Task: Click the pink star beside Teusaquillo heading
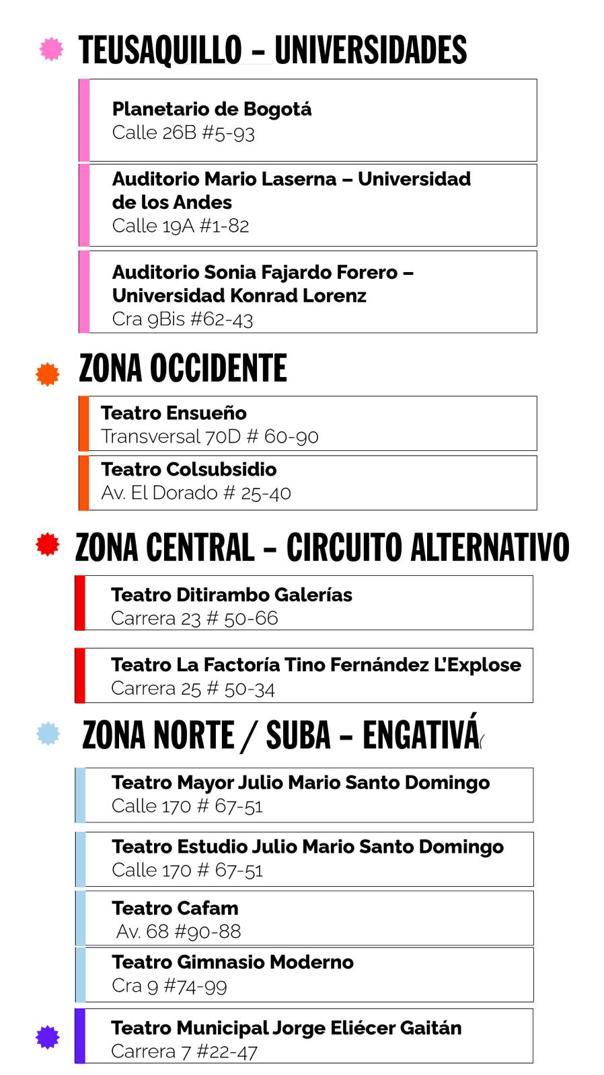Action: point(51,49)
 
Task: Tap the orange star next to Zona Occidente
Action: point(48,374)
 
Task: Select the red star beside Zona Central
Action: point(48,544)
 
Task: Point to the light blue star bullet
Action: point(48,734)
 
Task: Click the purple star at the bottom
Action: point(48,1037)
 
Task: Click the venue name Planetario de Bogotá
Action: point(211,109)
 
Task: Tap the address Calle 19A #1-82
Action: point(180,226)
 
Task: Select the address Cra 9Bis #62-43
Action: point(182,319)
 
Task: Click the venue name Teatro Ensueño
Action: point(174,413)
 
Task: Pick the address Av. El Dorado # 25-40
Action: point(196,493)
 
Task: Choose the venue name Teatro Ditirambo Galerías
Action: point(231,595)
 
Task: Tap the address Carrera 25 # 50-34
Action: point(192,689)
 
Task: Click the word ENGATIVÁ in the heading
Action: point(421,735)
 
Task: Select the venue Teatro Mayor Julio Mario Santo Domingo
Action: point(301,783)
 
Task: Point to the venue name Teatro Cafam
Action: point(175,908)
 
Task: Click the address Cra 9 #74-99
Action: point(169,986)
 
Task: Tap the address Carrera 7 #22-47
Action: point(184,1051)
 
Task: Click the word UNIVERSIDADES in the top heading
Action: point(371,50)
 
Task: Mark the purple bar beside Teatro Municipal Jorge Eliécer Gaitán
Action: point(80,1036)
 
